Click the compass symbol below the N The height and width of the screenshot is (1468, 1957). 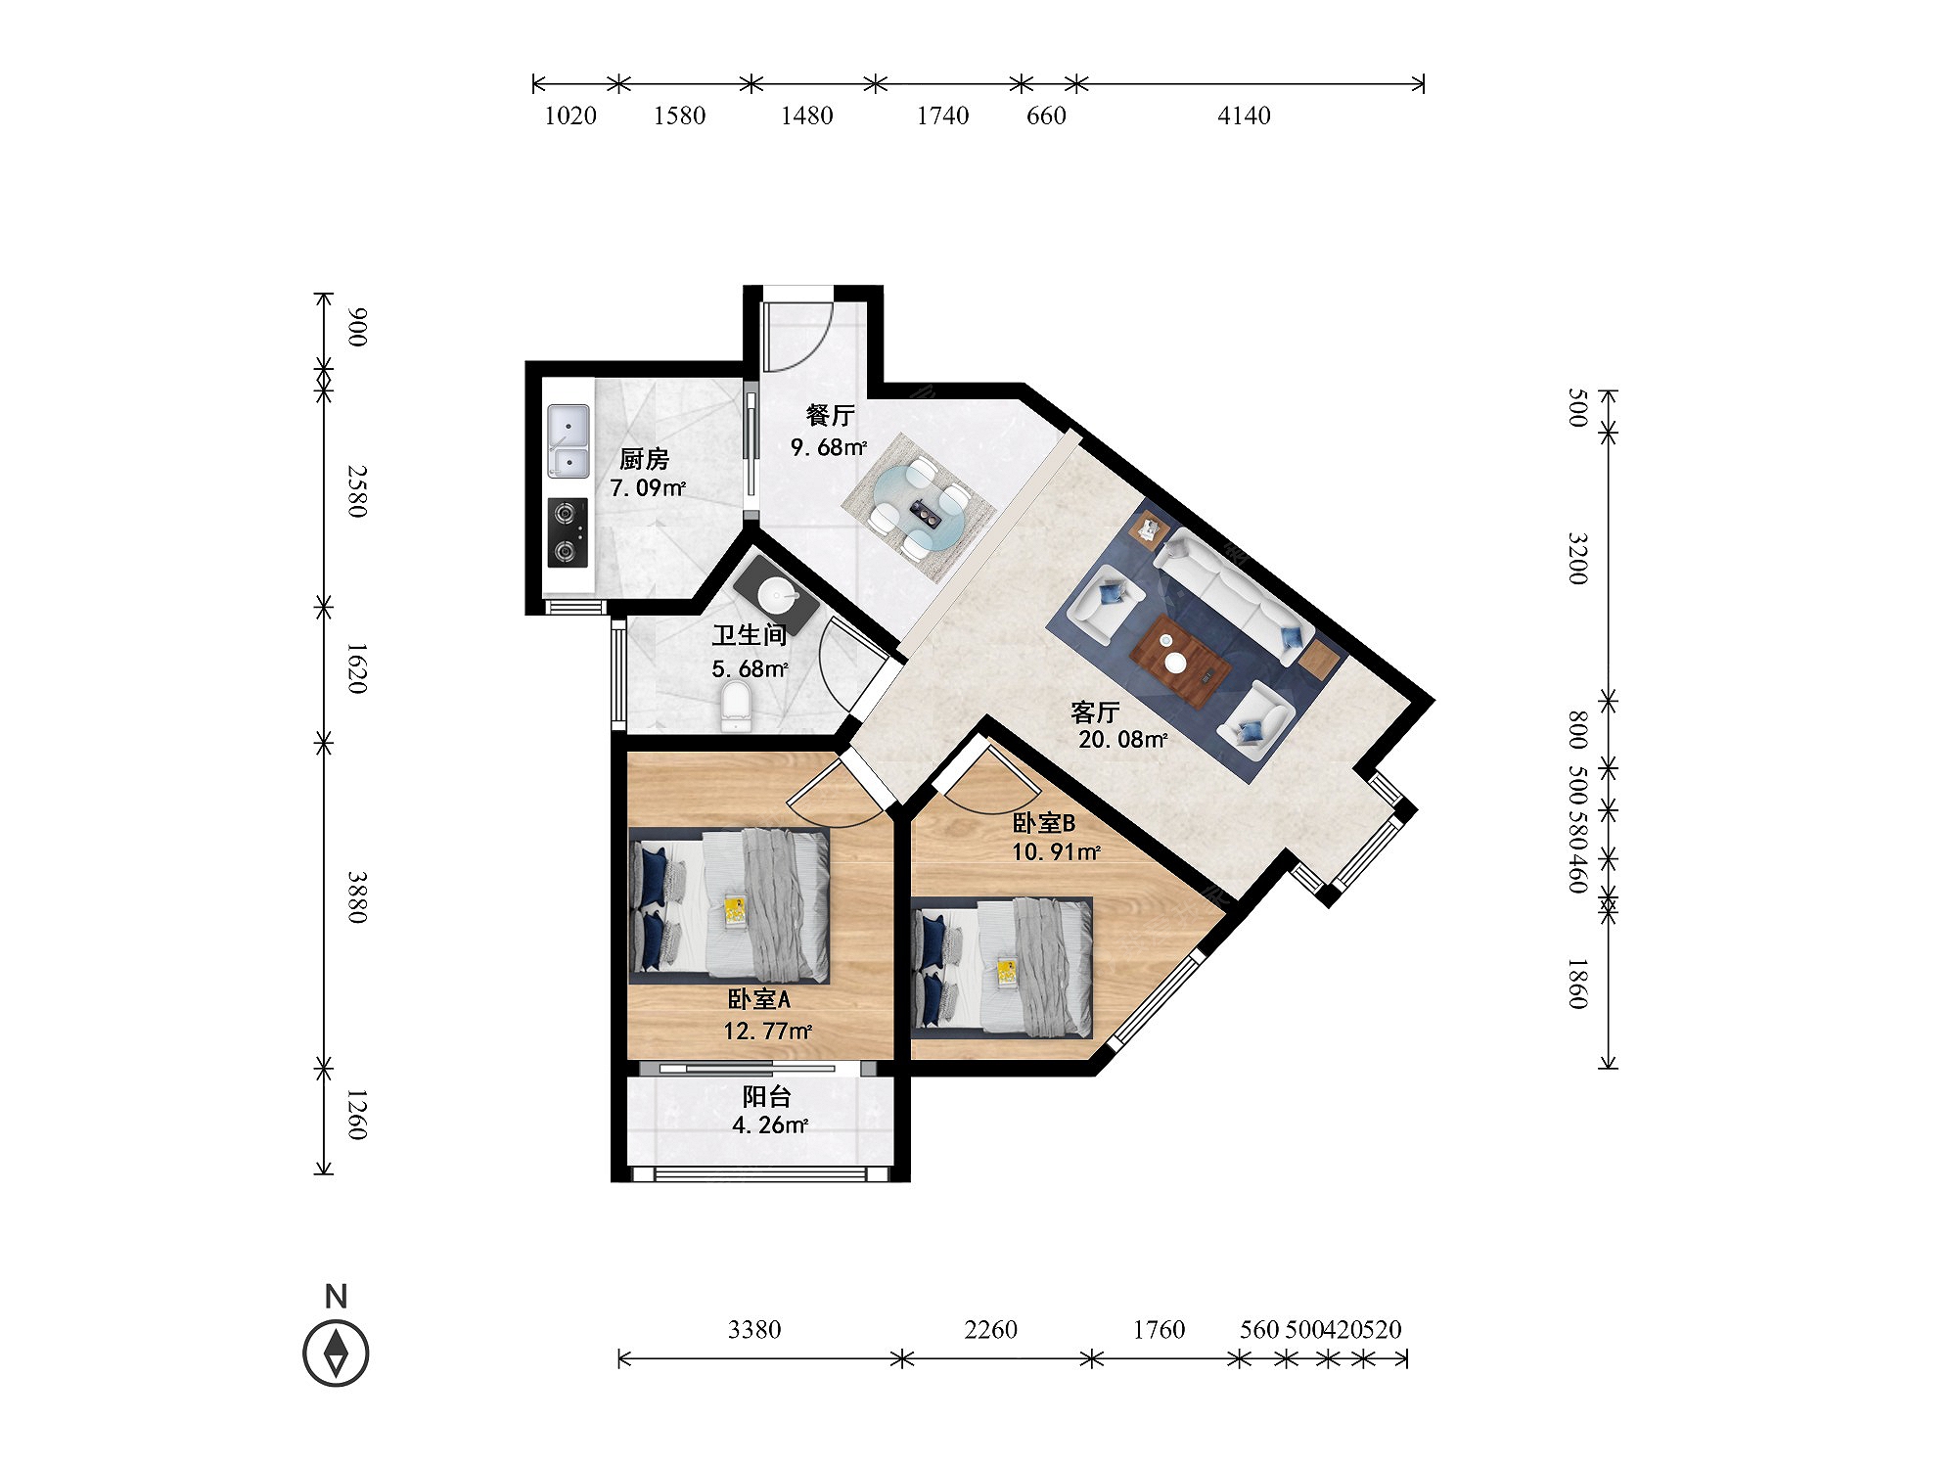[x=336, y=1354]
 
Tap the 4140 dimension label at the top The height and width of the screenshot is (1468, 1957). [x=1244, y=115]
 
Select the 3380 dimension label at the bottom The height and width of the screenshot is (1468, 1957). [x=754, y=1329]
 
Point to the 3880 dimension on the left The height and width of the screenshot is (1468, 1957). [x=357, y=896]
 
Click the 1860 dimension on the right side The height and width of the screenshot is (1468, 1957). [x=1577, y=983]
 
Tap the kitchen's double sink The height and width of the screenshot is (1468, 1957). [x=569, y=441]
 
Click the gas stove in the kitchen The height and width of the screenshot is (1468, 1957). [x=568, y=533]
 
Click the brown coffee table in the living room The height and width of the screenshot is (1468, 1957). [x=1180, y=660]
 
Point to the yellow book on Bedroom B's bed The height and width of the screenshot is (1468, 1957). [x=1007, y=973]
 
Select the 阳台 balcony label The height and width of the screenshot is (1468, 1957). [x=766, y=1096]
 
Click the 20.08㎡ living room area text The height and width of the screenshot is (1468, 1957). [x=1122, y=740]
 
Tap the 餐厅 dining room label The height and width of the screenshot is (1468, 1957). [x=830, y=415]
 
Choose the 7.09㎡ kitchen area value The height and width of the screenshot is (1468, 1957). [x=648, y=487]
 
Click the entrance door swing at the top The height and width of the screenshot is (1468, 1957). [x=796, y=336]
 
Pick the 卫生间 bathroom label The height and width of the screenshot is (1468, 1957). [x=750, y=635]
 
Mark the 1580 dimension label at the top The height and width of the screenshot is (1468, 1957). [x=679, y=115]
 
